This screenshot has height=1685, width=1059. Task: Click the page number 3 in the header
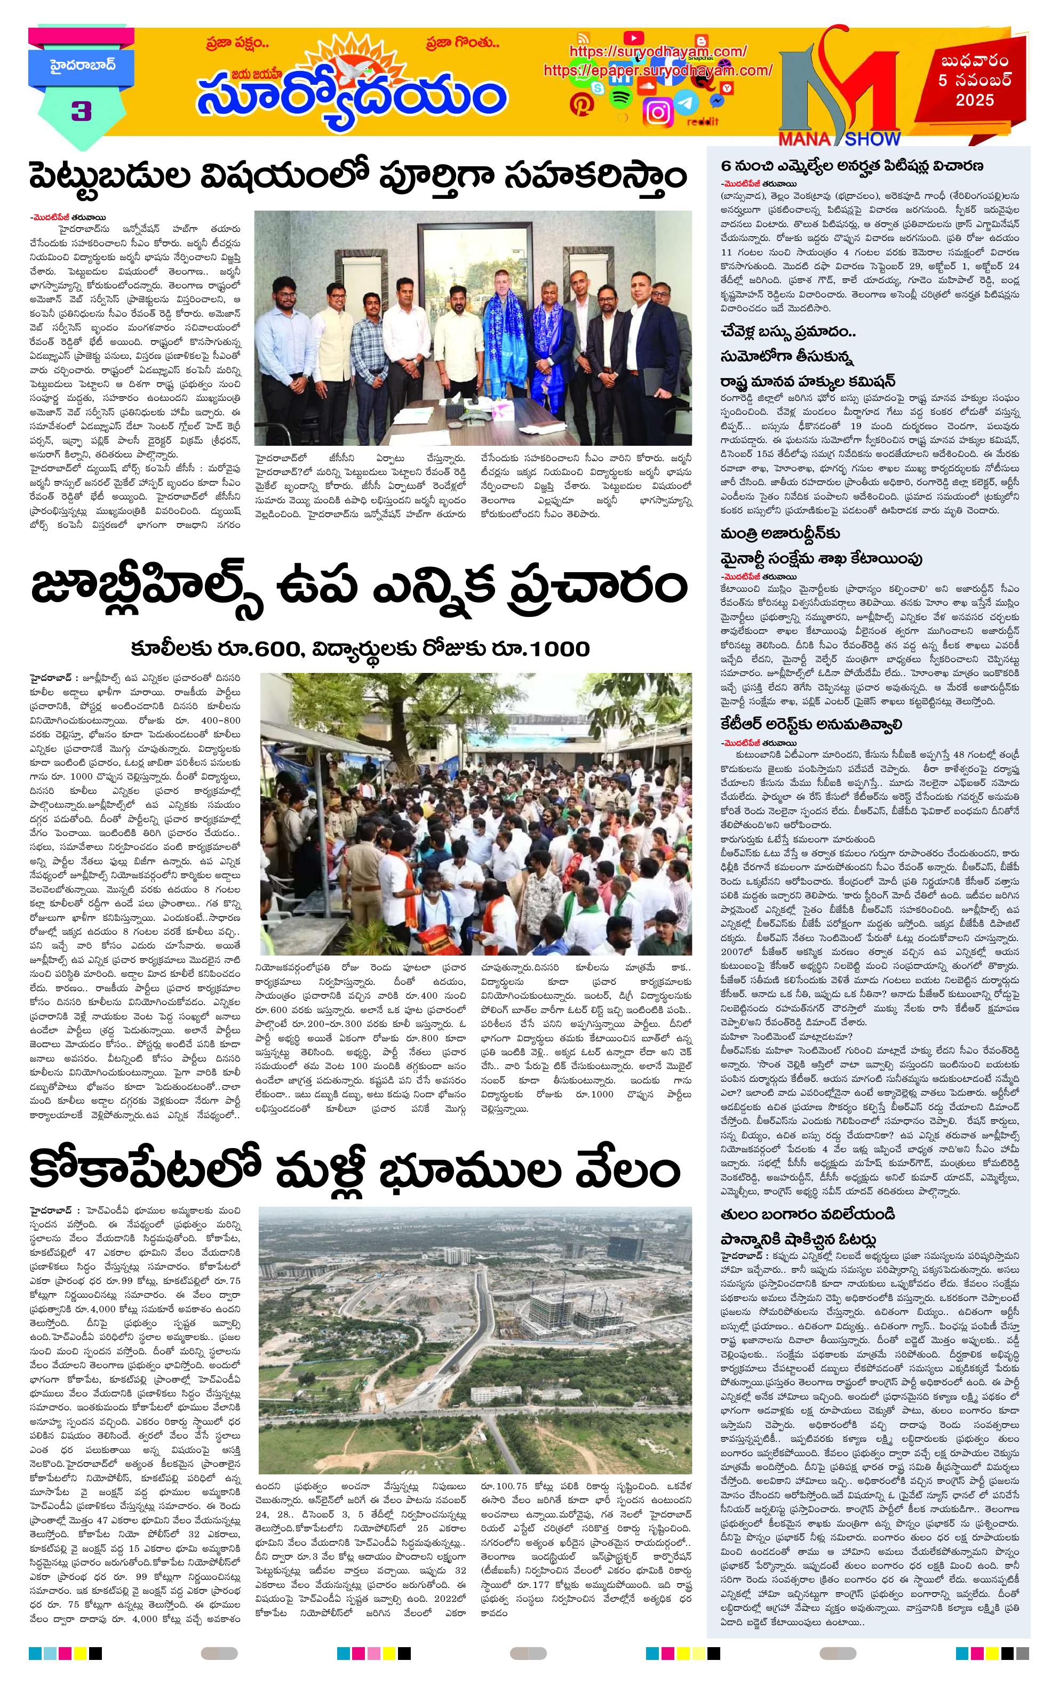pos(82,111)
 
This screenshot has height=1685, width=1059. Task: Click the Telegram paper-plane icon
pos(688,102)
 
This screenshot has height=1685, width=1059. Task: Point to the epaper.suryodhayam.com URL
pos(657,71)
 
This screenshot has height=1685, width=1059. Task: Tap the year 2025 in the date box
pos(975,100)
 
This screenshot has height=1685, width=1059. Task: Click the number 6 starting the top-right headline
pos(726,166)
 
